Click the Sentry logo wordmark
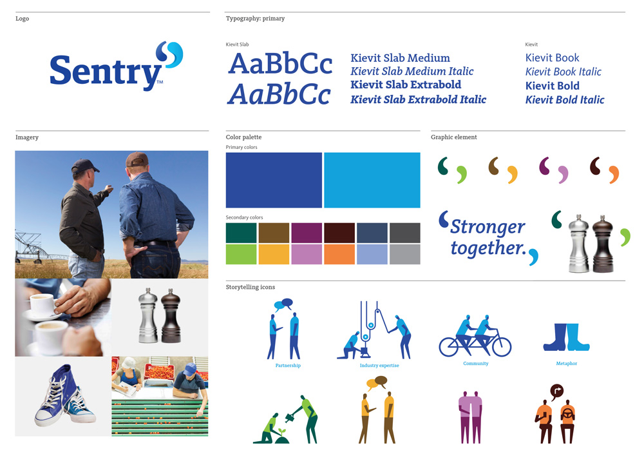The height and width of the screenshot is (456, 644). coord(106,72)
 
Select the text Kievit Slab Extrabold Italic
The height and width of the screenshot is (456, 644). coord(418,99)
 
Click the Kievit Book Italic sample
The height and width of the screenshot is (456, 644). coord(563,72)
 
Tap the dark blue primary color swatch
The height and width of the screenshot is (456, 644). coord(274,180)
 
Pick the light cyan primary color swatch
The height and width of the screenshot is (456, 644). coord(372,180)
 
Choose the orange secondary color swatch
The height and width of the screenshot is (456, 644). coord(339,254)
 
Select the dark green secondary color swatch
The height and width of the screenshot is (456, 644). coord(241,233)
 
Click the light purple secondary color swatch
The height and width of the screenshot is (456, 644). coord(307,254)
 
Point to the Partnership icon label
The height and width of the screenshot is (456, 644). coord(288,366)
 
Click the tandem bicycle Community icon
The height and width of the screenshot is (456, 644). coord(475,336)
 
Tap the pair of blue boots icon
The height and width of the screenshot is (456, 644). coord(566,337)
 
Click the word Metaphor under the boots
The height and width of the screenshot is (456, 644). coord(566,364)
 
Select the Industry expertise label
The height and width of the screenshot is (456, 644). coord(379,366)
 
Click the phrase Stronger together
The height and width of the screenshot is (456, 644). coord(488,237)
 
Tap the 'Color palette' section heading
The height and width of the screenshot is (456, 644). coord(243,137)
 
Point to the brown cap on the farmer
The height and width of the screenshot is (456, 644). coord(137,159)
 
